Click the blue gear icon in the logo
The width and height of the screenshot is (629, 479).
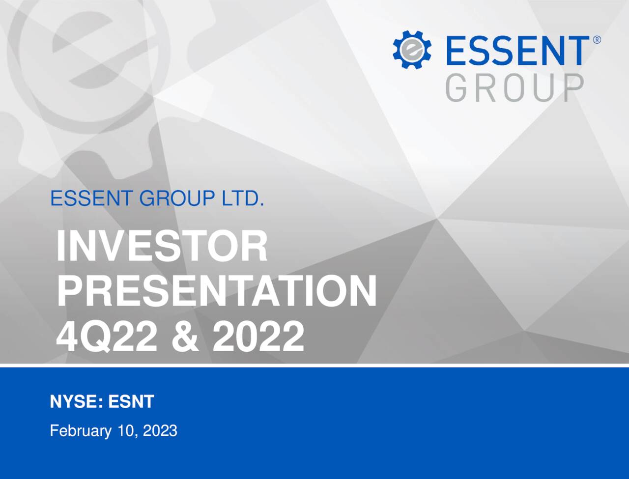point(412,49)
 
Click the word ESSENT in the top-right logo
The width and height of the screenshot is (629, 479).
point(516,50)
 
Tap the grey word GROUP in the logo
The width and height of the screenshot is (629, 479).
point(515,88)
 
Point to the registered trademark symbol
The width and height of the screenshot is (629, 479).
point(597,40)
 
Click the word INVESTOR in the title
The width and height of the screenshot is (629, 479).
point(162,247)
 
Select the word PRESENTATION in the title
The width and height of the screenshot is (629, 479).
point(216,291)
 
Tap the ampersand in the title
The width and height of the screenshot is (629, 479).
point(185,337)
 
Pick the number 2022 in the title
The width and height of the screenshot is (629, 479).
point(258,337)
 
